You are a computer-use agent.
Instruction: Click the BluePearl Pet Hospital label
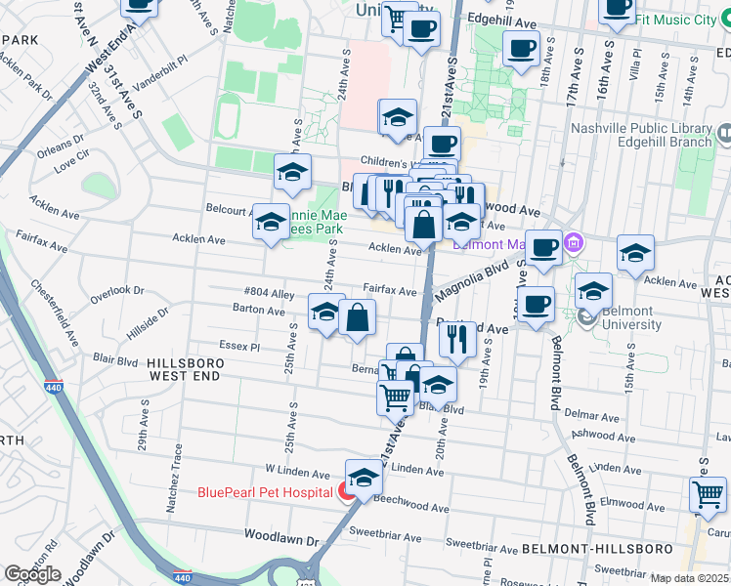(265, 492)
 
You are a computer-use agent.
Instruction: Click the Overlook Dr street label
(117, 291)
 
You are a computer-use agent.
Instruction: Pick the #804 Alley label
(270, 293)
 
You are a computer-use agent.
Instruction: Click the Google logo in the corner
(32, 573)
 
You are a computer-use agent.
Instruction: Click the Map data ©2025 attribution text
(690, 578)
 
